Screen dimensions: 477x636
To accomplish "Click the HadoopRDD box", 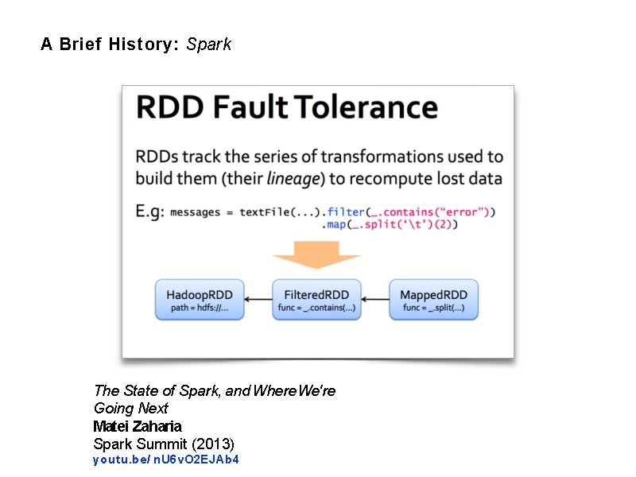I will (200, 300).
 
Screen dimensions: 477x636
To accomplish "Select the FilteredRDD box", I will (316, 300).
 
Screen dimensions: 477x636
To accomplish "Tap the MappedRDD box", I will (433, 300).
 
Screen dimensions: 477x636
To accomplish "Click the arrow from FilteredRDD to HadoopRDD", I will (258, 300).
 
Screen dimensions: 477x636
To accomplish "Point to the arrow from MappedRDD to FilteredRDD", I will (374, 300).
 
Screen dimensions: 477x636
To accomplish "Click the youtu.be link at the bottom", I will (166, 460).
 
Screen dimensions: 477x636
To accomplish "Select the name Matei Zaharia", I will (138, 425).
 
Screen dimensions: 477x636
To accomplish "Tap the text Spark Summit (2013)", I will (164, 443).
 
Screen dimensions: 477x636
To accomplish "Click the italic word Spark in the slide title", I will (208, 45).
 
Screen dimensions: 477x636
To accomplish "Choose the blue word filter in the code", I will (345, 211).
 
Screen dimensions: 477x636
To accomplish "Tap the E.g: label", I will (149, 211).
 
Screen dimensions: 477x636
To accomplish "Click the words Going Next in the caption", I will (131, 408).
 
